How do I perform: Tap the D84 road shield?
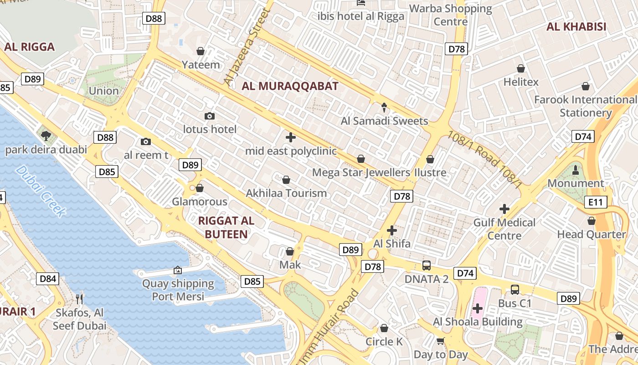48,279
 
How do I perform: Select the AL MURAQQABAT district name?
290,86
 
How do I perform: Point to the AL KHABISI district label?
576,26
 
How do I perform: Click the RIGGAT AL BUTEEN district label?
226,227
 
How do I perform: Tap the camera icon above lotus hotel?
210,116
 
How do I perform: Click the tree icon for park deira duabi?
46,136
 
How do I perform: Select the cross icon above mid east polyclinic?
290,137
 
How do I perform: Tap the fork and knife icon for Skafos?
80,299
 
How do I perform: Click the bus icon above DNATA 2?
427,265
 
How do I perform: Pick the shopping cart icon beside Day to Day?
440,341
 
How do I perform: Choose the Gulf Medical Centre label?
504,229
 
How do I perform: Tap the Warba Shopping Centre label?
451,15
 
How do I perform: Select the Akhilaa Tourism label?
286,193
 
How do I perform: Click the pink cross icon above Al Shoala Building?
477,309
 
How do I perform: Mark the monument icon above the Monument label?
576,170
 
